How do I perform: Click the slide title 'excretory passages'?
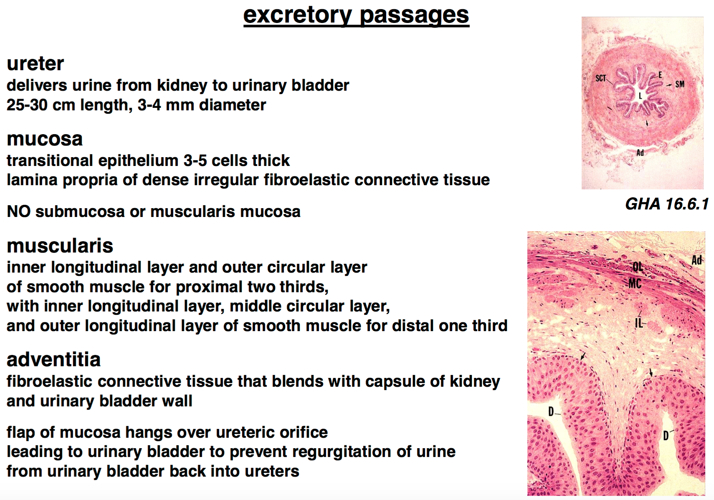(356, 15)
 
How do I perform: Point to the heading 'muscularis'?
(60, 246)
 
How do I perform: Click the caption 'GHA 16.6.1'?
(667, 204)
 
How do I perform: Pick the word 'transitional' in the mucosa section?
(50, 160)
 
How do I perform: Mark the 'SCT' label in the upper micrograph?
(600, 78)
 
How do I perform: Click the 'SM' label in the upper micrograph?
(680, 84)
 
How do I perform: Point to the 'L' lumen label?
(640, 95)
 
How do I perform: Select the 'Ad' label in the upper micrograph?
(640, 153)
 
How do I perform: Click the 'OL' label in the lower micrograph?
(638, 267)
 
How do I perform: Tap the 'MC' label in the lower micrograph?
(635, 283)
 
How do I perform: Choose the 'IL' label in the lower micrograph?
(639, 323)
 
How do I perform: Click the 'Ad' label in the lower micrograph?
(696, 260)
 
